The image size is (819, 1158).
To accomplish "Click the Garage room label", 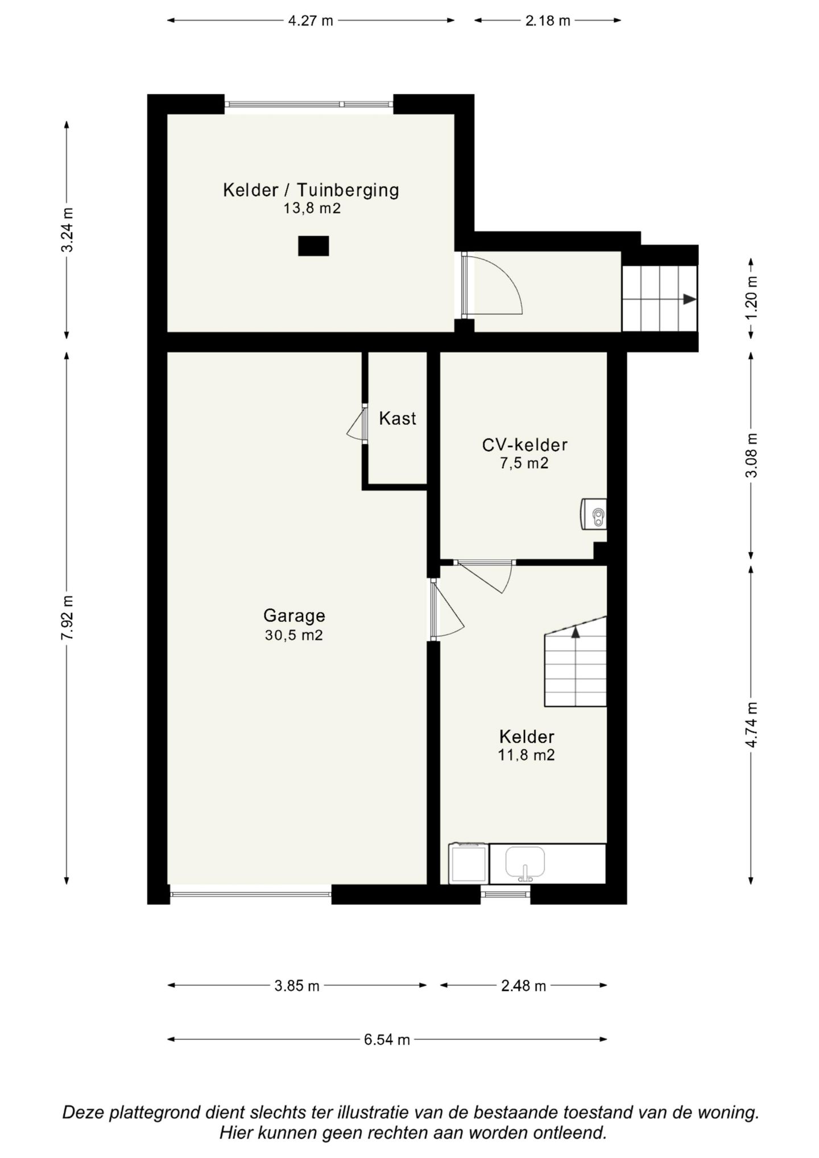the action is [x=294, y=616].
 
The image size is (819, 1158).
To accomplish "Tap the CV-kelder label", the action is [x=524, y=445].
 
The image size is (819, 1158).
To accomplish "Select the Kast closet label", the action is [x=398, y=419].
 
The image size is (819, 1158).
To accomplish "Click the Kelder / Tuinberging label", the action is [x=311, y=189].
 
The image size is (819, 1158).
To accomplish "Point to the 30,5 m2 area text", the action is [x=294, y=635].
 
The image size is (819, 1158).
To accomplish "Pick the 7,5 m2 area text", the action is [x=524, y=463].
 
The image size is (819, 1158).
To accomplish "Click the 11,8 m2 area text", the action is [x=526, y=755].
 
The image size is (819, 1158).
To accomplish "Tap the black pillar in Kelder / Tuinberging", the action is [x=313, y=246].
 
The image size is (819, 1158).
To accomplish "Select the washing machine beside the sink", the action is [x=469, y=863].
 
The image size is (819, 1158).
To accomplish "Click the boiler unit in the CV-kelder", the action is [x=594, y=514].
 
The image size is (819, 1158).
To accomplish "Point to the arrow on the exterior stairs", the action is [x=689, y=299].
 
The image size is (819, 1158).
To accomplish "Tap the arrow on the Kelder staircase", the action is [x=576, y=630].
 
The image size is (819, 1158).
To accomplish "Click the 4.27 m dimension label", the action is [x=311, y=21].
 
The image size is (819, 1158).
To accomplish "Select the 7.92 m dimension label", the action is [x=67, y=618].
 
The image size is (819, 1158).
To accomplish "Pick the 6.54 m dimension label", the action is [x=387, y=1040].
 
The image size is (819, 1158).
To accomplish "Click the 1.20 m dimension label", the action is [x=752, y=299].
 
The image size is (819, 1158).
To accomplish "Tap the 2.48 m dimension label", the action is [x=523, y=986].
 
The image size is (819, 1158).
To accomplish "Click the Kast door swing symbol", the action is [x=356, y=424].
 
